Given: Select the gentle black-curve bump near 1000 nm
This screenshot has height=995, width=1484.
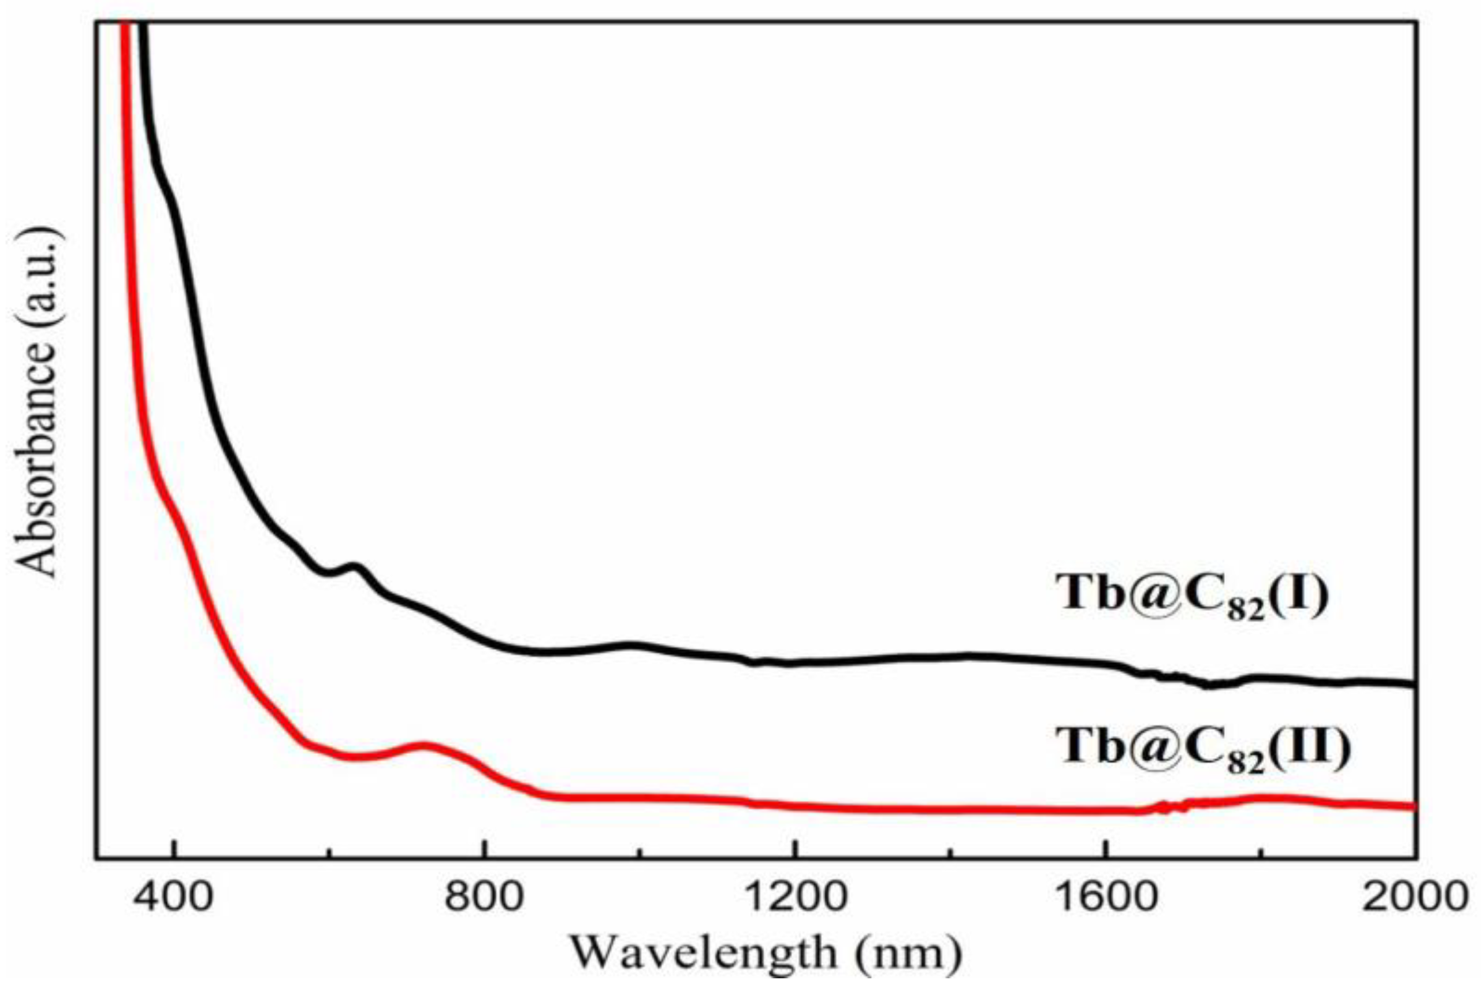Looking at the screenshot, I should pos(632,646).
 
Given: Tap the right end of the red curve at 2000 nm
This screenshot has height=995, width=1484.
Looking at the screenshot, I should pos(1412,806).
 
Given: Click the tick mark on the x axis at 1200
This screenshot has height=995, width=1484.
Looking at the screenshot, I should pos(795,852).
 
